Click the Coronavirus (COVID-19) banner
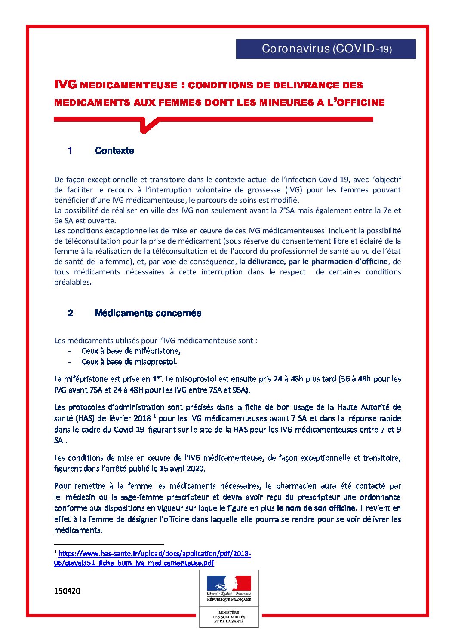coord(326,49)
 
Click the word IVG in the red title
coord(65,85)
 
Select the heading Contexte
coord(114,151)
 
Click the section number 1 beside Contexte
coord(70,151)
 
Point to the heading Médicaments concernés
coord(148,313)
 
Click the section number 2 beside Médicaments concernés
coord(70,313)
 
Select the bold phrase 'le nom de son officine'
coord(317,508)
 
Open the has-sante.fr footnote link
coord(153,558)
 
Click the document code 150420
coord(67,591)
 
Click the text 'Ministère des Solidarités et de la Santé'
coord(229,617)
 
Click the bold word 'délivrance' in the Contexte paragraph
coord(263,262)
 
